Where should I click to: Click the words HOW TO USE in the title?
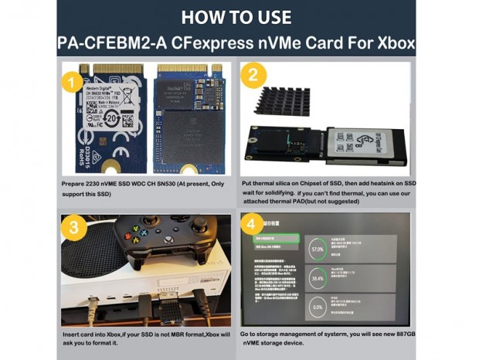[238, 17]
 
